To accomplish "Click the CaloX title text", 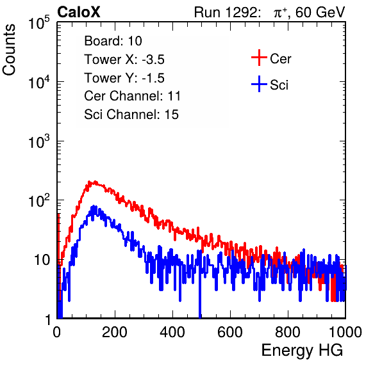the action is pyautogui.click(x=79, y=12).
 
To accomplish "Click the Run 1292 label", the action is pyautogui.click(x=226, y=12).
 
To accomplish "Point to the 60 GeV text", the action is pyautogui.click(x=320, y=12).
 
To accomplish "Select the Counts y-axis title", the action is pyautogui.click(x=9, y=50).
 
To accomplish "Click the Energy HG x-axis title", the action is pyautogui.click(x=302, y=351).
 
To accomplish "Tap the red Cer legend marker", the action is pyautogui.click(x=259, y=58).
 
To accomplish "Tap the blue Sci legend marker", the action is pyautogui.click(x=259, y=84).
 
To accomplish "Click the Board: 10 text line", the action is pyautogui.click(x=113, y=41).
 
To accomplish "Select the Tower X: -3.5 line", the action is pyautogui.click(x=124, y=60).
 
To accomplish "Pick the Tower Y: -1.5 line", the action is pyautogui.click(x=124, y=78).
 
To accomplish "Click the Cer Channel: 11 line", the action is pyautogui.click(x=132, y=96).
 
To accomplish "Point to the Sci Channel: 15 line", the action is pyautogui.click(x=131, y=115).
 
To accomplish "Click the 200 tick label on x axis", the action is pyautogui.click(x=115, y=332).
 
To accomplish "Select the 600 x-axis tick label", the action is pyautogui.click(x=230, y=332).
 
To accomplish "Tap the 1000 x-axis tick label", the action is pyautogui.click(x=345, y=332).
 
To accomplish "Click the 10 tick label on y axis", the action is pyautogui.click(x=42, y=260).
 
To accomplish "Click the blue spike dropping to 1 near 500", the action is pyautogui.click(x=200, y=292).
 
